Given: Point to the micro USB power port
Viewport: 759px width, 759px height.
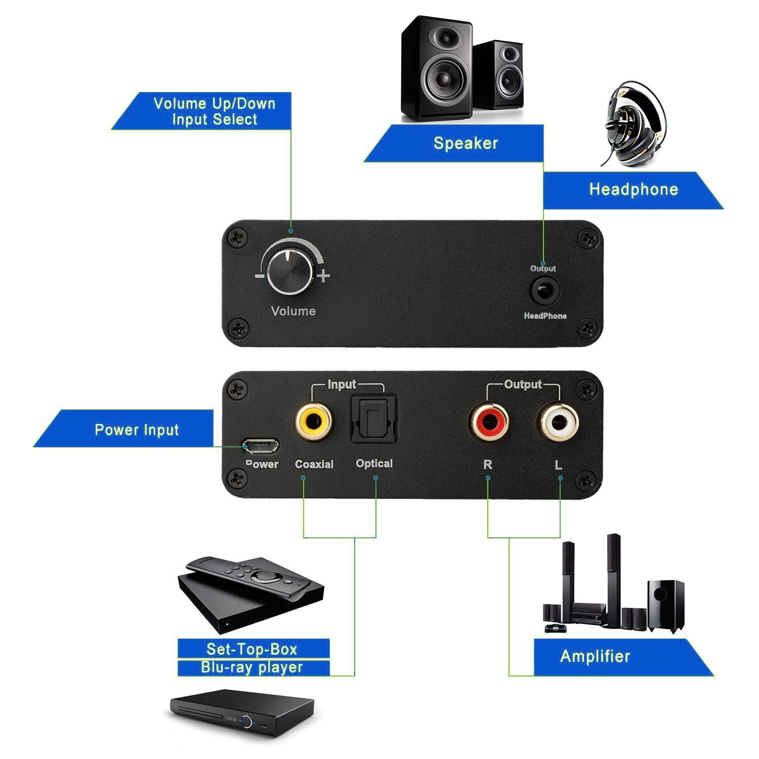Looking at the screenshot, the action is pyautogui.click(x=261, y=446).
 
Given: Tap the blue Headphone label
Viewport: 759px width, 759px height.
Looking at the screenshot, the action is pyautogui.click(x=633, y=190).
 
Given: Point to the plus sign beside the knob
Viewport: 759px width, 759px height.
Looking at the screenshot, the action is pyautogui.click(x=323, y=276).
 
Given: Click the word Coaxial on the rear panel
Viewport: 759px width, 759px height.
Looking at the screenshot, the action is pyautogui.click(x=314, y=464).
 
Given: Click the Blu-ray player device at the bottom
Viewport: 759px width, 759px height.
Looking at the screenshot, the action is pyautogui.click(x=241, y=712).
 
